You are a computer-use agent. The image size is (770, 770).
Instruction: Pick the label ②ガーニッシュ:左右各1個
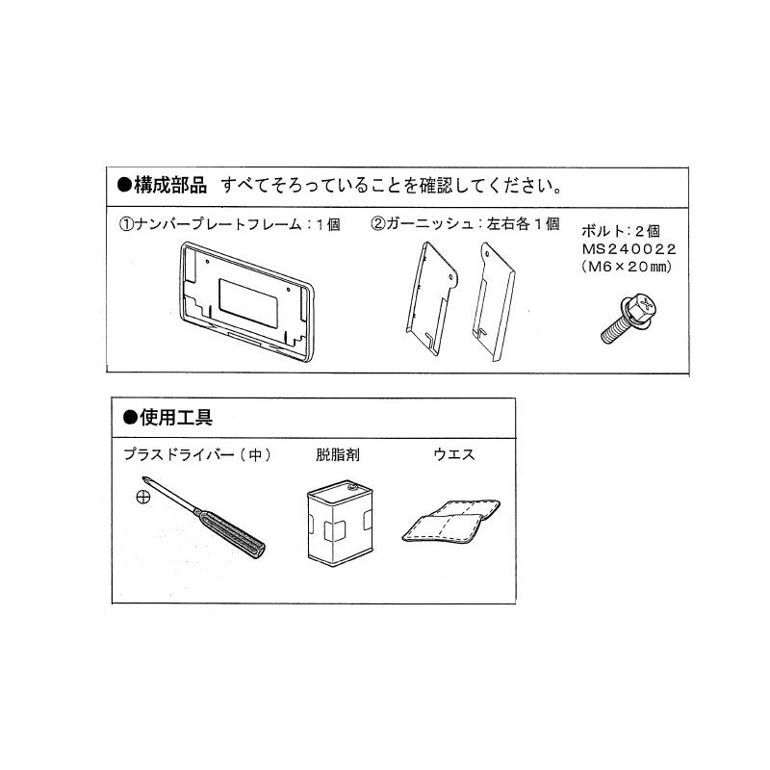coord(465,224)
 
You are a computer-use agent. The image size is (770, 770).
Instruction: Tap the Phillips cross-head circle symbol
coord(142,498)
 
